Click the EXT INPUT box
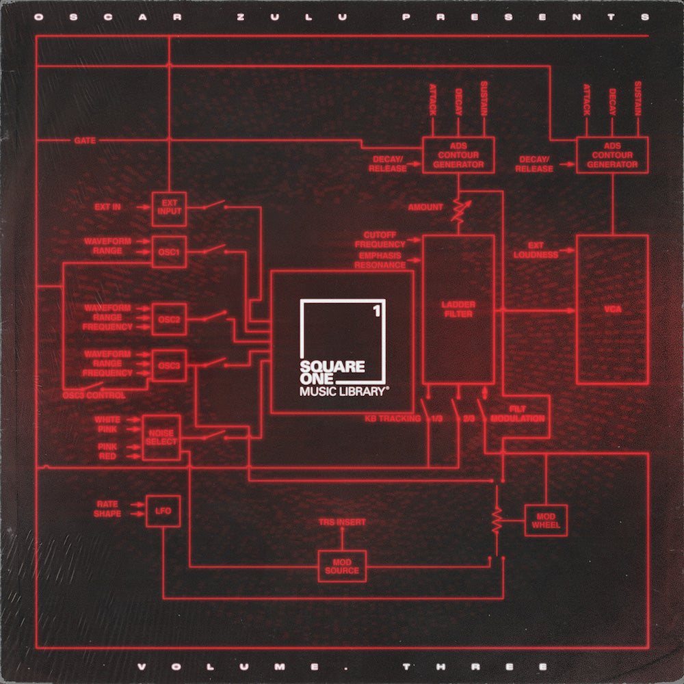(169, 207)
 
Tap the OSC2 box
(169, 318)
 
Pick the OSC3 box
(169, 365)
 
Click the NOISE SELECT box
(161, 437)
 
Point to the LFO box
(163, 511)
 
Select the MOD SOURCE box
(342, 566)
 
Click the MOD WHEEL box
(545, 520)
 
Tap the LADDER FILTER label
(458, 309)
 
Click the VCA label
(612, 309)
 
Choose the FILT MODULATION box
(526, 414)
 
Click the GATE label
(85, 141)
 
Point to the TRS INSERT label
(342, 522)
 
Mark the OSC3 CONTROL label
(94, 395)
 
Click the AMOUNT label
(425, 207)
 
